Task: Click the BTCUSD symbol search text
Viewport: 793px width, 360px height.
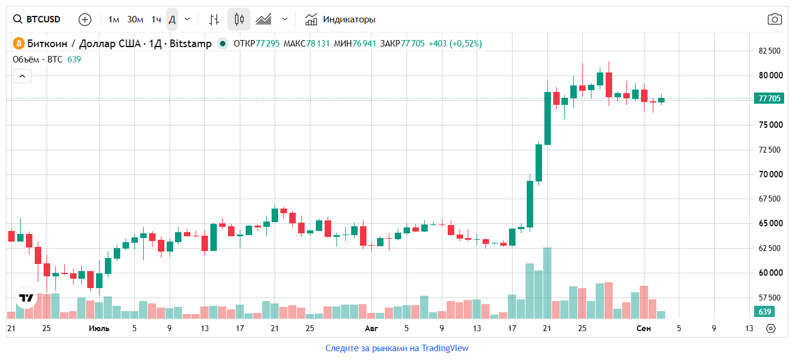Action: pyautogui.click(x=43, y=19)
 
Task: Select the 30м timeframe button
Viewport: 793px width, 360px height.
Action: pyautogui.click(x=135, y=19)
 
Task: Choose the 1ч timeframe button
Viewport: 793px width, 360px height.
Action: pyautogui.click(x=156, y=19)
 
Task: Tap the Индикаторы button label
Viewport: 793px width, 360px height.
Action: pyautogui.click(x=349, y=19)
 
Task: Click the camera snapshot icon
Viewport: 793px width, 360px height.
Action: pyautogui.click(x=774, y=19)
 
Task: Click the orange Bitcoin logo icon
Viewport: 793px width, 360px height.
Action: pyautogui.click(x=18, y=44)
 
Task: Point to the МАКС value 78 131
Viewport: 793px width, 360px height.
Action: pyautogui.click(x=318, y=44)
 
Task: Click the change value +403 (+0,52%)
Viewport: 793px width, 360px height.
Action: pyautogui.click(x=455, y=44)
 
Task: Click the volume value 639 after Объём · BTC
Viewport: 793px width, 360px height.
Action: pyautogui.click(x=74, y=60)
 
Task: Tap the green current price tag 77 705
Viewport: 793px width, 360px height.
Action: pyautogui.click(x=769, y=98)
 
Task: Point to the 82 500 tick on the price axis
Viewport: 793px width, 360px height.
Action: pyautogui.click(x=769, y=51)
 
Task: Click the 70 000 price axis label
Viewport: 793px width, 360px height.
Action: pyautogui.click(x=771, y=174)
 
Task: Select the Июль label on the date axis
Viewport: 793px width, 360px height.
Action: pyautogui.click(x=99, y=329)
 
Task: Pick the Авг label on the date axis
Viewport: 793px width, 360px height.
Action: pyautogui.click(x=371, y=329)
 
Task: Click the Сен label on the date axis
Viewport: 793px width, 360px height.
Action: pyautogui.click(x=643, y=329)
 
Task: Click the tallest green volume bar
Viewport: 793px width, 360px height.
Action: pyautogui.click(x=547, y=283)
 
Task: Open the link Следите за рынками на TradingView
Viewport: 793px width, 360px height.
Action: pyautogui.click(x=397, y=348)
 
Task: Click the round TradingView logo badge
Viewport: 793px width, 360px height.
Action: pyautogui.click(x=26, y=298)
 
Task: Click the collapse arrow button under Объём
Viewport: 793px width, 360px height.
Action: pyautogui.click(x=22, y=76)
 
